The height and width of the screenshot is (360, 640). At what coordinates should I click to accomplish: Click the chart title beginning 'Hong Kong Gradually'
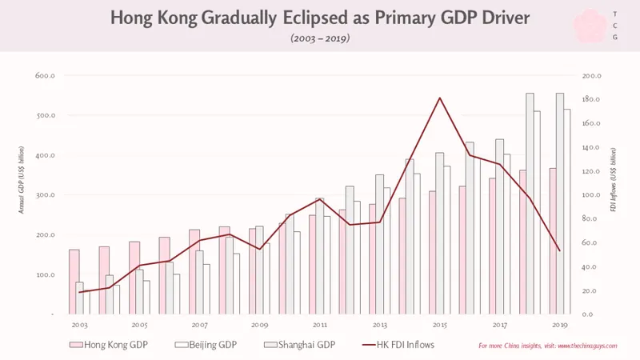[320, 18]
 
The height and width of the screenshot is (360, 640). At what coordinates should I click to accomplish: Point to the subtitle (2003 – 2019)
[320, 38]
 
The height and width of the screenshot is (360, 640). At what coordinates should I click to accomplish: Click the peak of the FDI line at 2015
[439, 98]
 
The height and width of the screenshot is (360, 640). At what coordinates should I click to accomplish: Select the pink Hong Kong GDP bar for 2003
[74, 282]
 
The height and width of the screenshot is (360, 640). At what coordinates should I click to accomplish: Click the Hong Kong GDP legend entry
[109, 345]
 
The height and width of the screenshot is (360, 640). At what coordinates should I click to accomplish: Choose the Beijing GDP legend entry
[206, 345]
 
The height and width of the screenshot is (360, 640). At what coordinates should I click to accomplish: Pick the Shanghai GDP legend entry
[299, 345]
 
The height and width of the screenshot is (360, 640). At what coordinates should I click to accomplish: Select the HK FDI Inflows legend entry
[398, 345]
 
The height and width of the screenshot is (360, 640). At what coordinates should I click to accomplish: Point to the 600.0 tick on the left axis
[45, 75]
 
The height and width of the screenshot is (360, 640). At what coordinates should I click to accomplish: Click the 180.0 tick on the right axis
[591, 99]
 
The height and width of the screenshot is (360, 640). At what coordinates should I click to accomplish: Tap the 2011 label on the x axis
[319, 326]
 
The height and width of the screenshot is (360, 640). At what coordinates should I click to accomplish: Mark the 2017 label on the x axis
[499, 326]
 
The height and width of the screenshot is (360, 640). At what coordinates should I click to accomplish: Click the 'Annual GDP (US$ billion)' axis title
[22, 180]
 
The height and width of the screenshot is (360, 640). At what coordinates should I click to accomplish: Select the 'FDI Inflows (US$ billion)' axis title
[613, 180]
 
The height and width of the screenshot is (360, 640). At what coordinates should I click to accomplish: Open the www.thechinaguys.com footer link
[587, 346]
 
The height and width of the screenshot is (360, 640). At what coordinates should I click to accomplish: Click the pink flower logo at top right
[590, 26]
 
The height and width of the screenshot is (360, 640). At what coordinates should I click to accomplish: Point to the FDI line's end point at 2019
[559, 250]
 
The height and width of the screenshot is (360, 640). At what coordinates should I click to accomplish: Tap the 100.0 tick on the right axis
[591, 194]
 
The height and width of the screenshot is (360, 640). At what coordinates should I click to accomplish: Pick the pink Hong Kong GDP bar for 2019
[553, 242]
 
